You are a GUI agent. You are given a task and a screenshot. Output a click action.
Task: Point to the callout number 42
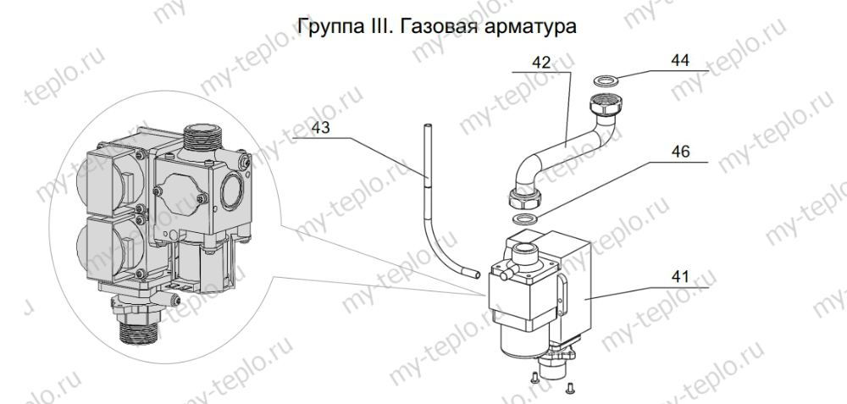click(x=542, y=62)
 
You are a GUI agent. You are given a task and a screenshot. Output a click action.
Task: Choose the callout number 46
click(x=680, y=152)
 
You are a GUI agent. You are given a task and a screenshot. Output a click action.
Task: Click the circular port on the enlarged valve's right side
click(x=230, y=188)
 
